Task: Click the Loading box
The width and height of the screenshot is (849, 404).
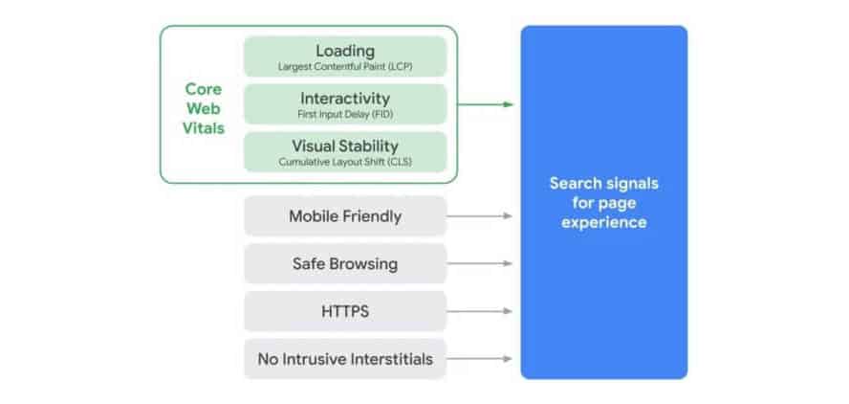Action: [345, 56]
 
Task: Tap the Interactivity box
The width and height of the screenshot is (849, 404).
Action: [345, 104]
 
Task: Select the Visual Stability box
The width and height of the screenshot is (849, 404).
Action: [345, 152]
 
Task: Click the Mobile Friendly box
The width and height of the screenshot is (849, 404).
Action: [345, 215]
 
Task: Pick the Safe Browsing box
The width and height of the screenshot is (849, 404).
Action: [345, 263]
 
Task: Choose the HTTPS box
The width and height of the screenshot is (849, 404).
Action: [345, 311]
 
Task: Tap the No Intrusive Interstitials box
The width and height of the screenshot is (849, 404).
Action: [345, 359]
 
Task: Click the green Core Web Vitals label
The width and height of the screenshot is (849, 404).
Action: [204, 108]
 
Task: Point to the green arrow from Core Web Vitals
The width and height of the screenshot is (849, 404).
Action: [485, 104]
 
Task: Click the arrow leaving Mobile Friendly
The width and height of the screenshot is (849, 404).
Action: [480, 215]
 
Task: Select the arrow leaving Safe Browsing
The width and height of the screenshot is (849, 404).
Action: [480, 263]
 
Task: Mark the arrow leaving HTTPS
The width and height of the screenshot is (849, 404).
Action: [480, 311]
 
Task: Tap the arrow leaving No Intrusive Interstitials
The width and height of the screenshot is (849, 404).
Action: [480, 359]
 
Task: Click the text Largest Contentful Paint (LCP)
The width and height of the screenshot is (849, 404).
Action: [345, 67]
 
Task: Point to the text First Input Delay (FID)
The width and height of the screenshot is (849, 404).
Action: [345, 115]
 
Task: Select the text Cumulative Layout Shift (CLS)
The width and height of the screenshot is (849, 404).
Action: [345, 162]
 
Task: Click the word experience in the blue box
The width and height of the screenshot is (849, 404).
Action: [604, 223]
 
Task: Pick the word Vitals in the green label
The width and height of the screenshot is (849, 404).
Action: [204, 128]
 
